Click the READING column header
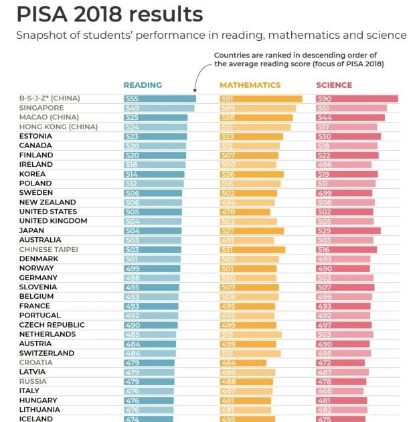(143, 85)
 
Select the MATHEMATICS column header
(250, 85)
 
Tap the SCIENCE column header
(334, 85)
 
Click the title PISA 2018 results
(110, 14)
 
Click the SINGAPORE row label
(41, 108)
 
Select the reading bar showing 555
(159, 98)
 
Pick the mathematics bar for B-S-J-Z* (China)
(260, 98)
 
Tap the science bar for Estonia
(348, 136)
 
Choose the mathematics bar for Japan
(252, 230)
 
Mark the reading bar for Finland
(155, 155)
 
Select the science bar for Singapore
(351, 108)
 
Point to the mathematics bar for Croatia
(242, 362)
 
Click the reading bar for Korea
(154, 173)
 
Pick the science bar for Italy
(339, 391)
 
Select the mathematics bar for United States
(245, 212)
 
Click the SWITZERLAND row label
(46, 353)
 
